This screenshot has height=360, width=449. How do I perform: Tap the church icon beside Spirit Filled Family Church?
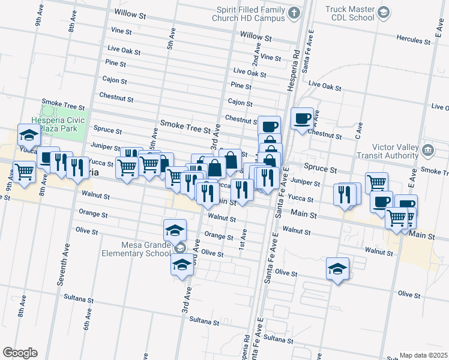(x=294, y=13)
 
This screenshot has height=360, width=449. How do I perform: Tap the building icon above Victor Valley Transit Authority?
(x=427, y=149)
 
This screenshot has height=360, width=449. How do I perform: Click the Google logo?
(x=19, y=353)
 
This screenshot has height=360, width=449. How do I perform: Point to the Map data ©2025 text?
(x=423, y=355)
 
